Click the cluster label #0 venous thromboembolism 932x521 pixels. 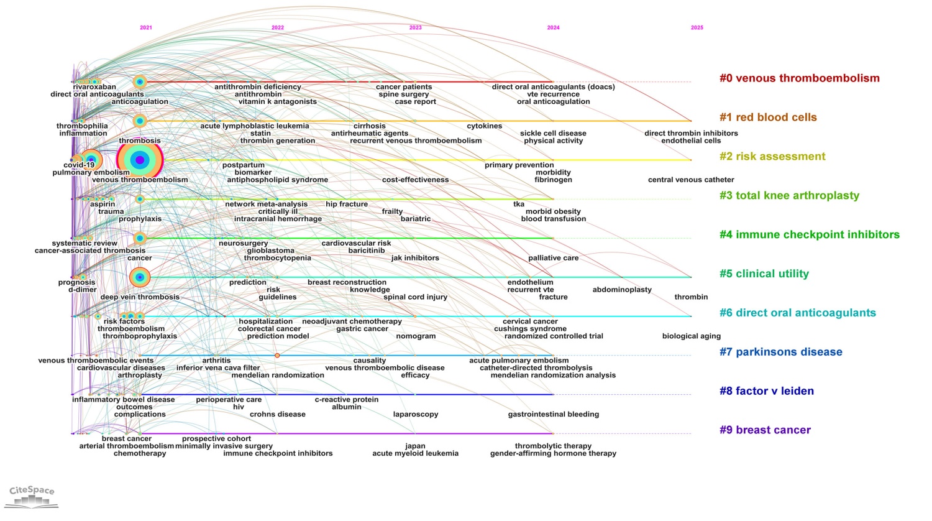point(799,78)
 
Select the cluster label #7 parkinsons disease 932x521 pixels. point(780,352)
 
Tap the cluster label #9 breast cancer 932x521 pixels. point(765,430)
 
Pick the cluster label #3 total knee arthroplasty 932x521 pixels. point(789,196)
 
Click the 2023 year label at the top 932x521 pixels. point(415,28)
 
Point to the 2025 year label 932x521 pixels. point(697,28)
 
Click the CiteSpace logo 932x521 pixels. point(32,496)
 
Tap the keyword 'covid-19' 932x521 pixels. point(79,165)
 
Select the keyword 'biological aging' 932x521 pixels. point(691,336)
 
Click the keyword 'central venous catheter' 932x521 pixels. point(691,180)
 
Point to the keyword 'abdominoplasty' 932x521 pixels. point(622,290)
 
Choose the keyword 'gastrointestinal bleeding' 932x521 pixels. point(553,415)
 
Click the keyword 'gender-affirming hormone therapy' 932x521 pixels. point(553,454)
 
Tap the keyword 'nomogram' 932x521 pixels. point(416,336)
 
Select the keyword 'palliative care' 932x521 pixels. point(553,258)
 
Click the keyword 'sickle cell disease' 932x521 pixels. point(553,134)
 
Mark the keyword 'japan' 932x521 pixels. point(415,446)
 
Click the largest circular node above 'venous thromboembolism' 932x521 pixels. point(140,160)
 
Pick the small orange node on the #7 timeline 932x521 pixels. point(277,356)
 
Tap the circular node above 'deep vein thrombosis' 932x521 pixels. point(140,277)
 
